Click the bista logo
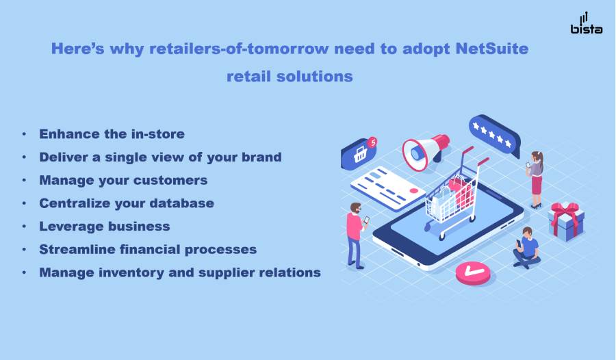point(586,23)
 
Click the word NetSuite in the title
point(492,49)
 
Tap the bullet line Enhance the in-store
point(112,134)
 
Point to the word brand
point(261,157)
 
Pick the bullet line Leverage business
point(105,227)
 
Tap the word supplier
point(223,273)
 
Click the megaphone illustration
point(426,152)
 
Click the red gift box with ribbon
point(566,221)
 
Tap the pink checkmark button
point(473,272)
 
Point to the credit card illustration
point(387,188)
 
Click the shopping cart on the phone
point(455,196)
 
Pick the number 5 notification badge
point(372,142)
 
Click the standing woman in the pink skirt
point(535,179)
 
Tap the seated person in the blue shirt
point(526,248)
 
